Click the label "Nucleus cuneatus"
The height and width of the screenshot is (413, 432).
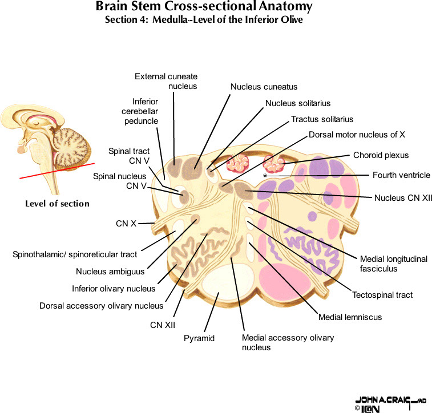coord(264,87)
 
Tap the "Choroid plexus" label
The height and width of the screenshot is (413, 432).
coord(381,155)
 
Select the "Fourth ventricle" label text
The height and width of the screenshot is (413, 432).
coord(401,175)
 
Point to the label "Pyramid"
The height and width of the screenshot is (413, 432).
coord(199,338)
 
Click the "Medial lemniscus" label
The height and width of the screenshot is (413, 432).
coord(350,317)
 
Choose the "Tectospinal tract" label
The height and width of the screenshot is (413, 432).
coord(382,295)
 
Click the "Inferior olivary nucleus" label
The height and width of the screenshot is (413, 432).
coord(114,289)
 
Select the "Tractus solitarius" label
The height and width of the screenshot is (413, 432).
coord(322,119)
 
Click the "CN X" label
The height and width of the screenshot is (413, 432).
coord(126,224)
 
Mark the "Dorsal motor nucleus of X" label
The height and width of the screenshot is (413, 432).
coord(357,135)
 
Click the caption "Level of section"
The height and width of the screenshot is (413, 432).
coord(57,204)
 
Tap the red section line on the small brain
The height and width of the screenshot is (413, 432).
coord(57,171)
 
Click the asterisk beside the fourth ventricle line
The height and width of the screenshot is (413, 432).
coord(265,176)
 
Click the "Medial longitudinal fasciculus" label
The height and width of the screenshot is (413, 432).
coord(393,264)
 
